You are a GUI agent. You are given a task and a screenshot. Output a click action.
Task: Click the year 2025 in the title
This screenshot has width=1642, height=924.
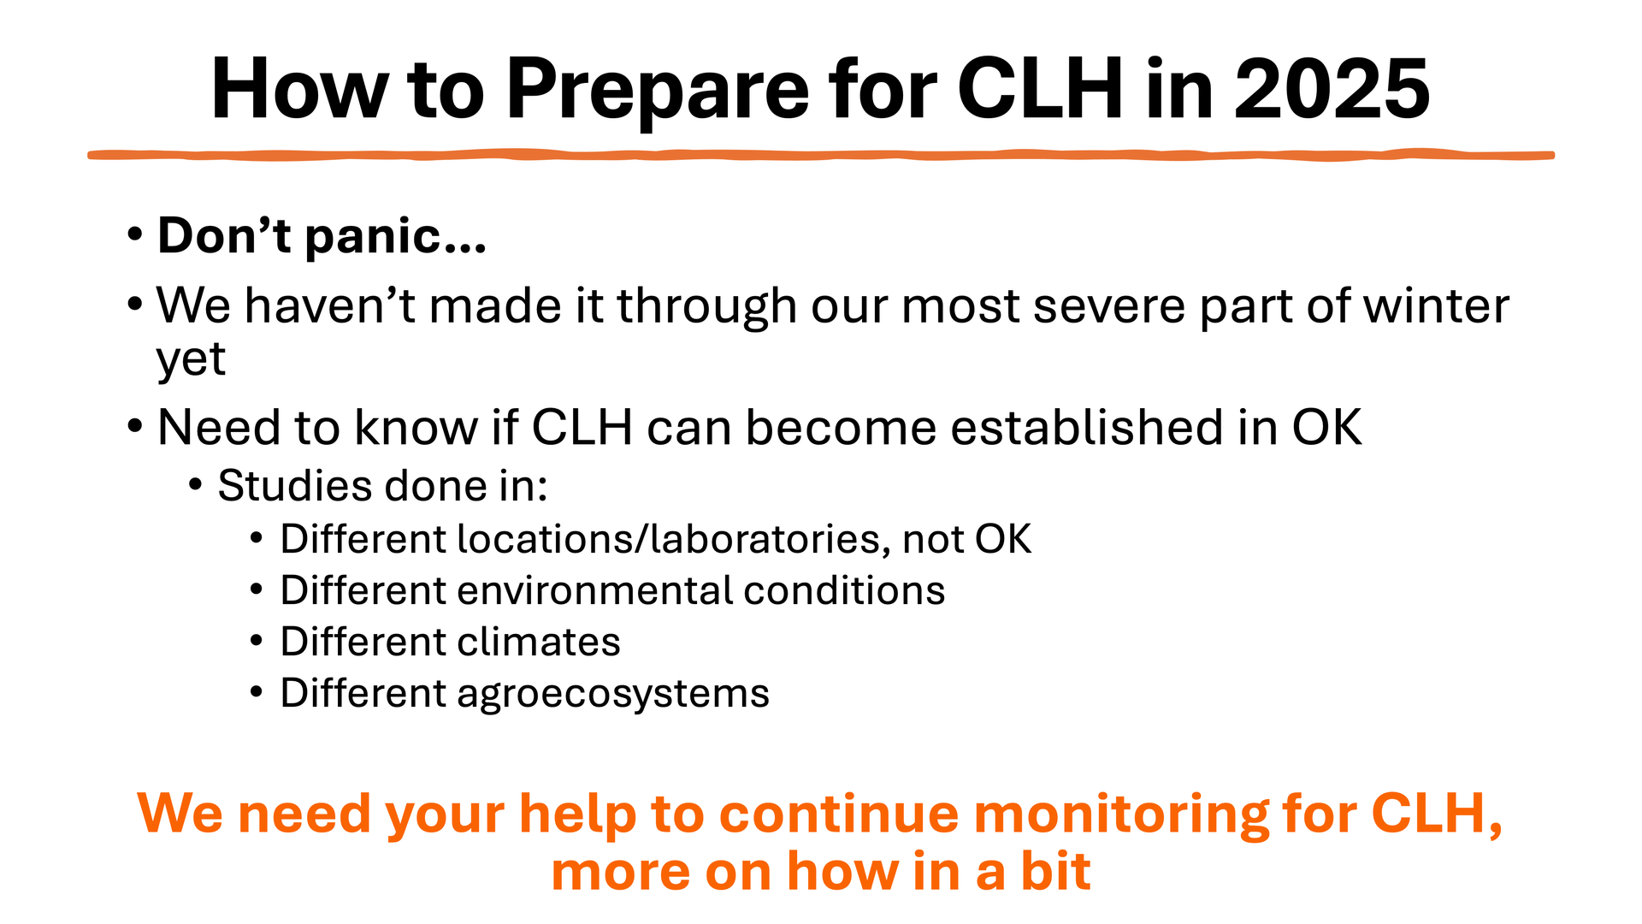1332,88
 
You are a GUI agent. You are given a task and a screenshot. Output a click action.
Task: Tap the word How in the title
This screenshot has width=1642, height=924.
300,88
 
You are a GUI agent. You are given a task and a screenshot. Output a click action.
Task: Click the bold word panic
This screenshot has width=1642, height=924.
396,237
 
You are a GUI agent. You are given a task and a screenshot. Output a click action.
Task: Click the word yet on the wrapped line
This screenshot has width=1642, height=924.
191,359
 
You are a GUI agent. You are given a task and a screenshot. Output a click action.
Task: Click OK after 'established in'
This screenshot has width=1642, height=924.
1326,427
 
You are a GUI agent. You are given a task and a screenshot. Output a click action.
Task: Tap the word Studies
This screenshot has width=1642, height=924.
295,486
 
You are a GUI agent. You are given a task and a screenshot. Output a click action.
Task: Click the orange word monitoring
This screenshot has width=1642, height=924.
1120,814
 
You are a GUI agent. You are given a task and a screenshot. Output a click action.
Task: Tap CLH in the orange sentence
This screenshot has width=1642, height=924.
1427,812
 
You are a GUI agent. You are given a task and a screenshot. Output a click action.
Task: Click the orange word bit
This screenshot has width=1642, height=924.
1055,871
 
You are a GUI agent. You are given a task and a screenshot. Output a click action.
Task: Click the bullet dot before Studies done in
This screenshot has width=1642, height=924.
195,486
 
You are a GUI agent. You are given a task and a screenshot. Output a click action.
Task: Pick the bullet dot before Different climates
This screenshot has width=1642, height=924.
257,641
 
